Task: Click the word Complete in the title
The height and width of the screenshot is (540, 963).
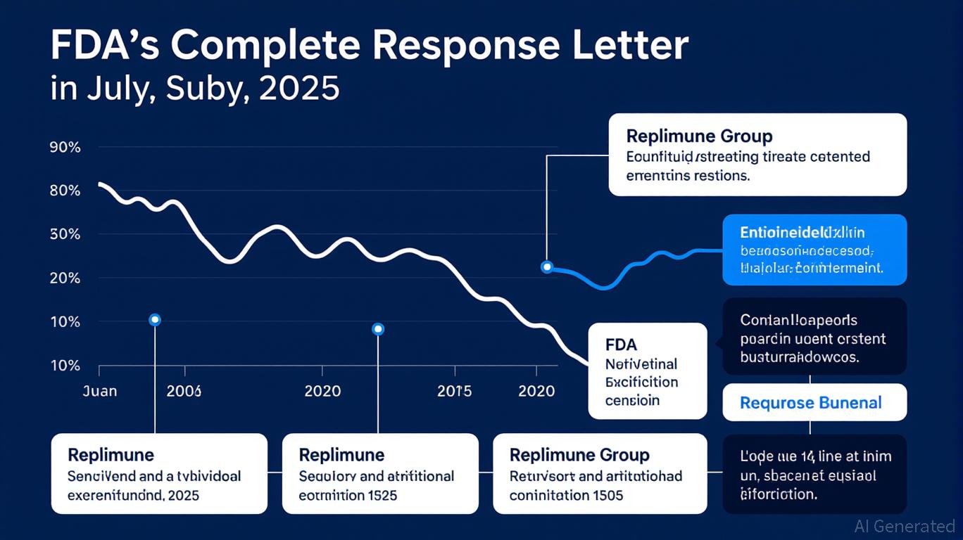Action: [267, 47]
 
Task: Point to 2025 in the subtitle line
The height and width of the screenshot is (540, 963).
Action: [299, 90]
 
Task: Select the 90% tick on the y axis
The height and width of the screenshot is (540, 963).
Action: [65, 148]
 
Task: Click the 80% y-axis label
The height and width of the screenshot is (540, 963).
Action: [65, 191]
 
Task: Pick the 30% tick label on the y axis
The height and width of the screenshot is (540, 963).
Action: [65, 234]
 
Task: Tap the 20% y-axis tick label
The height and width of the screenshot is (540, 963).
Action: [65, 278]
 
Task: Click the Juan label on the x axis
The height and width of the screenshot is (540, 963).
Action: [100, 391]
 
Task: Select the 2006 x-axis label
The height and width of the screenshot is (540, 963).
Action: [184, 391]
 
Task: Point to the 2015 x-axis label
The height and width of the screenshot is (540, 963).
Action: [454, 391]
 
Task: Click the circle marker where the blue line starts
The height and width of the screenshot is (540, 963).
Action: [547, 267]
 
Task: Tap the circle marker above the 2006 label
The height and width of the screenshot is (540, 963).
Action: [155, 320]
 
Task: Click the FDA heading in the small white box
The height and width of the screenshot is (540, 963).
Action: [620, 345]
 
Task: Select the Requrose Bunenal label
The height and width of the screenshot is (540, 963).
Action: [810, 403]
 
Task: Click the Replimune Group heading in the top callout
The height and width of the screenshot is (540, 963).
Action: [699, 136]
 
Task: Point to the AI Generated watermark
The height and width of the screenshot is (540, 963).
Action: [904, 526]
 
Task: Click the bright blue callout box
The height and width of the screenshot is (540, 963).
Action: [814, 250]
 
